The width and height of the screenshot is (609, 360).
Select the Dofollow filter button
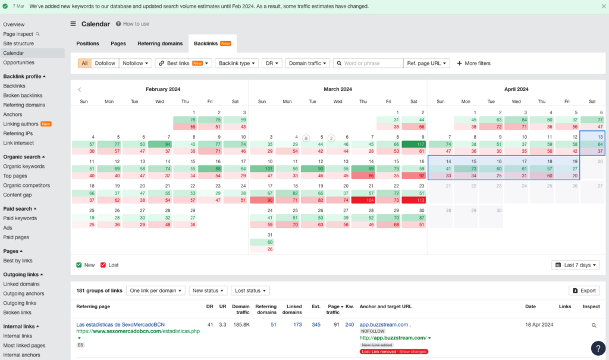pyautogui.click(x=105, y=63)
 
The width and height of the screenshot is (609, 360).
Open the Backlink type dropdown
pyautogui.click(x=236, y=63)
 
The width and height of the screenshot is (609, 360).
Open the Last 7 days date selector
pyautogui.click(x=576, y=265)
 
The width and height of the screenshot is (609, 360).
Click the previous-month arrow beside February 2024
pyautogui.click(x=80, y=89)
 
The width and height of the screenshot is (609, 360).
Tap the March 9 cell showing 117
pyautogui.click(x=414, y=144)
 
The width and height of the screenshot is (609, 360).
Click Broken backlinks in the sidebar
pyautogui.click(x=23, y=95)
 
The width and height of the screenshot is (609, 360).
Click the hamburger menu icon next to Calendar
pyautogui.click(x=73, y=24)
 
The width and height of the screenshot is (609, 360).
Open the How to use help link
pyautogui.click(x=133, y=24)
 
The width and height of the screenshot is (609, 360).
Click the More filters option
pyautogui.click(x=473, y=63)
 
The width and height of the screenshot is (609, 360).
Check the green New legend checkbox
pyautogui.click(x=79, y=265)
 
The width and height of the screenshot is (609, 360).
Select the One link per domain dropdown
pyautogui.click(x=156, y=290)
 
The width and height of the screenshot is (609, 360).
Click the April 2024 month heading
pyautogui.click(x=516, y=89)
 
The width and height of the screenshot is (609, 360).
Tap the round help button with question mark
pyautogui.click(x=598, y=348)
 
